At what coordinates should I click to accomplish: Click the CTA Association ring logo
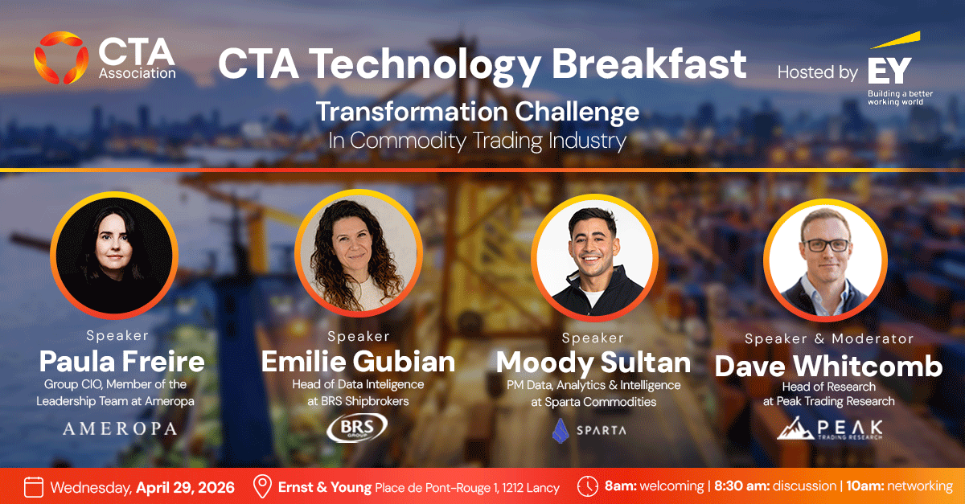[x=61, y=57]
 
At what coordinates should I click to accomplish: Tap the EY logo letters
[x=889, y=71]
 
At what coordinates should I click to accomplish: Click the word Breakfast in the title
[x=649, y=64]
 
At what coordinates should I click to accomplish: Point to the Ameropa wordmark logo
[x=120, y=428]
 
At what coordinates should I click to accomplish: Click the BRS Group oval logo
[x=357, y=428]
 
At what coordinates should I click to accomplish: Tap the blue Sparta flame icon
[x=561, y=431]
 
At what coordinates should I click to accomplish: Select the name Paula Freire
[x=122, y=361]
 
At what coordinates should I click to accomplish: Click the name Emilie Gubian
[x=358, y=362]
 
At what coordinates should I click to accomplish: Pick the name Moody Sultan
[x=593, y=363]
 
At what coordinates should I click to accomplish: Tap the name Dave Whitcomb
[x=828, y=367]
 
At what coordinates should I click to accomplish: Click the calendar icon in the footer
[x=34, y=487]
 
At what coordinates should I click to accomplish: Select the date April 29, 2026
[x=185, y=488]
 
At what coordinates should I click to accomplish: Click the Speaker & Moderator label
[x=829, y=338]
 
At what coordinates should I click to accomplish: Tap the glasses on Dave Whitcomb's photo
[x=827, y=245]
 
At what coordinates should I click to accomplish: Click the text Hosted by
[x=818, y=72]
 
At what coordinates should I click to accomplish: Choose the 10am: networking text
[x=900, y=486]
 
